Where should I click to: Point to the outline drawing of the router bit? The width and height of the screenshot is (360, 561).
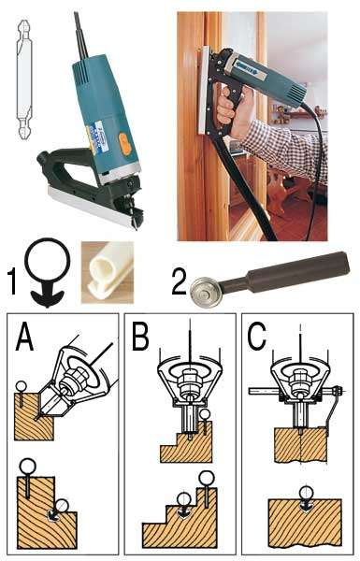point(24,79)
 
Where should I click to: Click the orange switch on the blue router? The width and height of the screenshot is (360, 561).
point(125,144)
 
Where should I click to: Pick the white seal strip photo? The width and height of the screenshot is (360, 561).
point(108,272)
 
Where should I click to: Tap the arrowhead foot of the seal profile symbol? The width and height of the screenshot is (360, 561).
point(48,298)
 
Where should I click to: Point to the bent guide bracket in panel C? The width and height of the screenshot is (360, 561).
point(333,408)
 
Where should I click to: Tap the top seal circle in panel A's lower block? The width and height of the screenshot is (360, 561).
point(27,467)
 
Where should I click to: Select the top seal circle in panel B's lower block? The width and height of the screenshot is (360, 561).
point(207,479)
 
